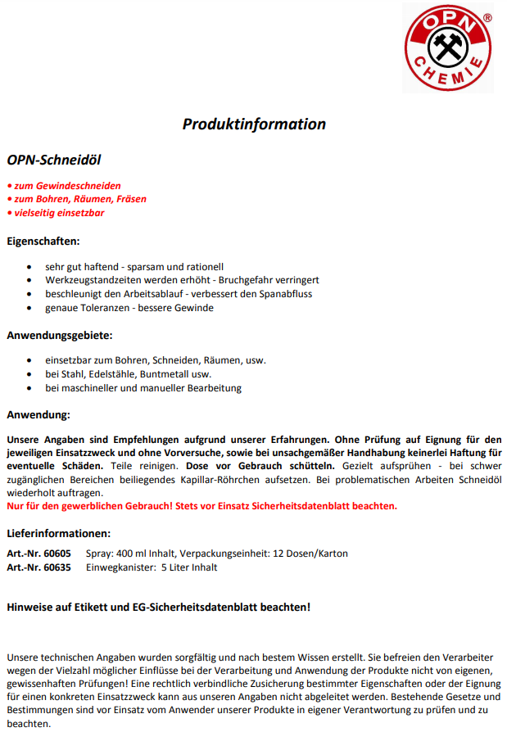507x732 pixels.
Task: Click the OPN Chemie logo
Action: click(x=449, y=47)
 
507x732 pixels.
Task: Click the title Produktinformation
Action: click(x=254, y=124)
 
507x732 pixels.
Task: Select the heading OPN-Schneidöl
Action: click(x=54, y=160)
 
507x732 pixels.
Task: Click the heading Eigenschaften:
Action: click(x=43, y=242)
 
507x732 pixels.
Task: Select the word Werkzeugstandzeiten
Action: click(x=93, y=280)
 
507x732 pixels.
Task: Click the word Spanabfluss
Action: click(x=285, y=293)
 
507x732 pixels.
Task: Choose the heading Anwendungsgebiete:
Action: click(x=60, y=335)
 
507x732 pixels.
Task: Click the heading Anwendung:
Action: click(x=38, y=415)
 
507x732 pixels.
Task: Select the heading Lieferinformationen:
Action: click(x=59, y=533)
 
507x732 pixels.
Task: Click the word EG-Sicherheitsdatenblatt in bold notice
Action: click(x=206, y=607)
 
